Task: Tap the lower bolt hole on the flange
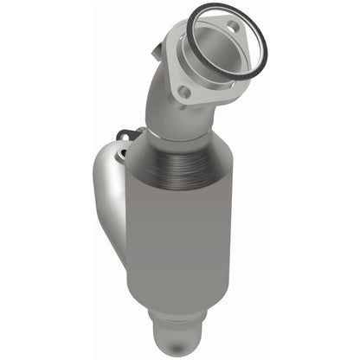[183, 90]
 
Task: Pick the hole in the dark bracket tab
[127, 133]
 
